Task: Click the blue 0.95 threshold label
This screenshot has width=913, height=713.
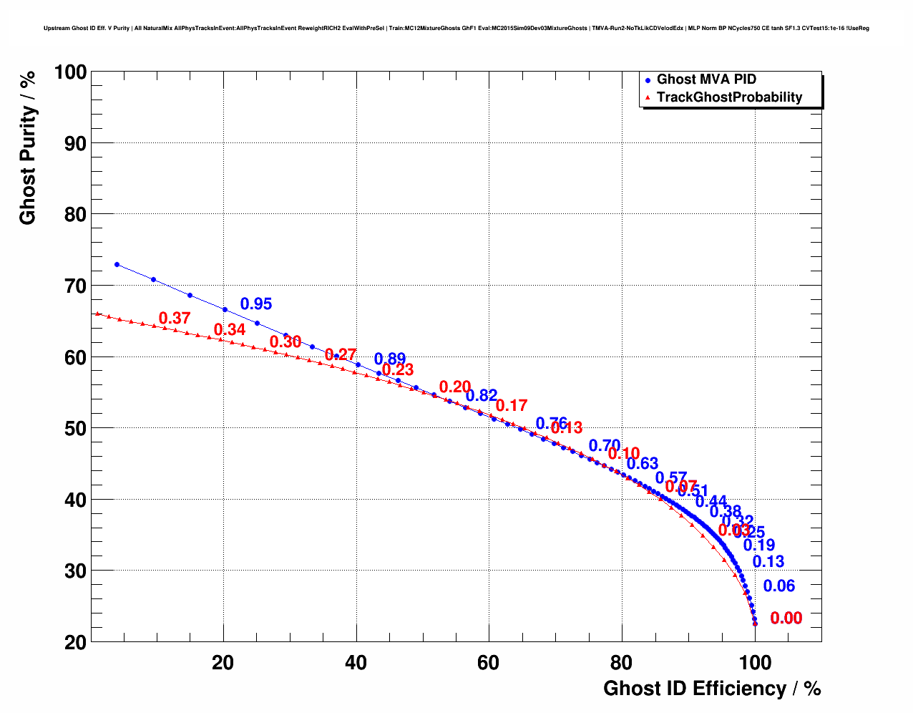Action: (x=256, y=304)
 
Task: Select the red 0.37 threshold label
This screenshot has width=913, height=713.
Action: (x=175, y=319)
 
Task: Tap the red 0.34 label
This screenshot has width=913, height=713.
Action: (x=230, y=330)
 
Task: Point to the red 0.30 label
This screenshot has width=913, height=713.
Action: (x=285, y=342)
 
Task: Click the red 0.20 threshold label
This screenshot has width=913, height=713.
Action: (x=455, y=387)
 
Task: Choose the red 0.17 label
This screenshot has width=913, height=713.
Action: (x=512, y=406)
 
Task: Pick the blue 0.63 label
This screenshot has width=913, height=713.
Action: (x=643, y=463)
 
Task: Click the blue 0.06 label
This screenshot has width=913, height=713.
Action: (x=779, y=586)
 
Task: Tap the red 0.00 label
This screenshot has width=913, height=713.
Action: (x=786, y=619)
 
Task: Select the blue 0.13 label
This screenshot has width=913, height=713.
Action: (x=768, y=562)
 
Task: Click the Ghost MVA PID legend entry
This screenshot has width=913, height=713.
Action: (x=706, y=79)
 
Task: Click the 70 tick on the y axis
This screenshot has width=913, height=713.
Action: (x=76, y=286)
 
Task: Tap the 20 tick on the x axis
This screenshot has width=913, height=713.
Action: (x=223, y=663)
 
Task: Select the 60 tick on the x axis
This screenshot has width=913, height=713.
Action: (x=489, y=663)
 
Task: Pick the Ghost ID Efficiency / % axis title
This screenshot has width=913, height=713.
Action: (x=712, y=689)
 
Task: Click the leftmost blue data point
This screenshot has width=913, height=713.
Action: (x=117, y=264)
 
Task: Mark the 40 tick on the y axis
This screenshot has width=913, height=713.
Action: (x=76, y=500)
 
